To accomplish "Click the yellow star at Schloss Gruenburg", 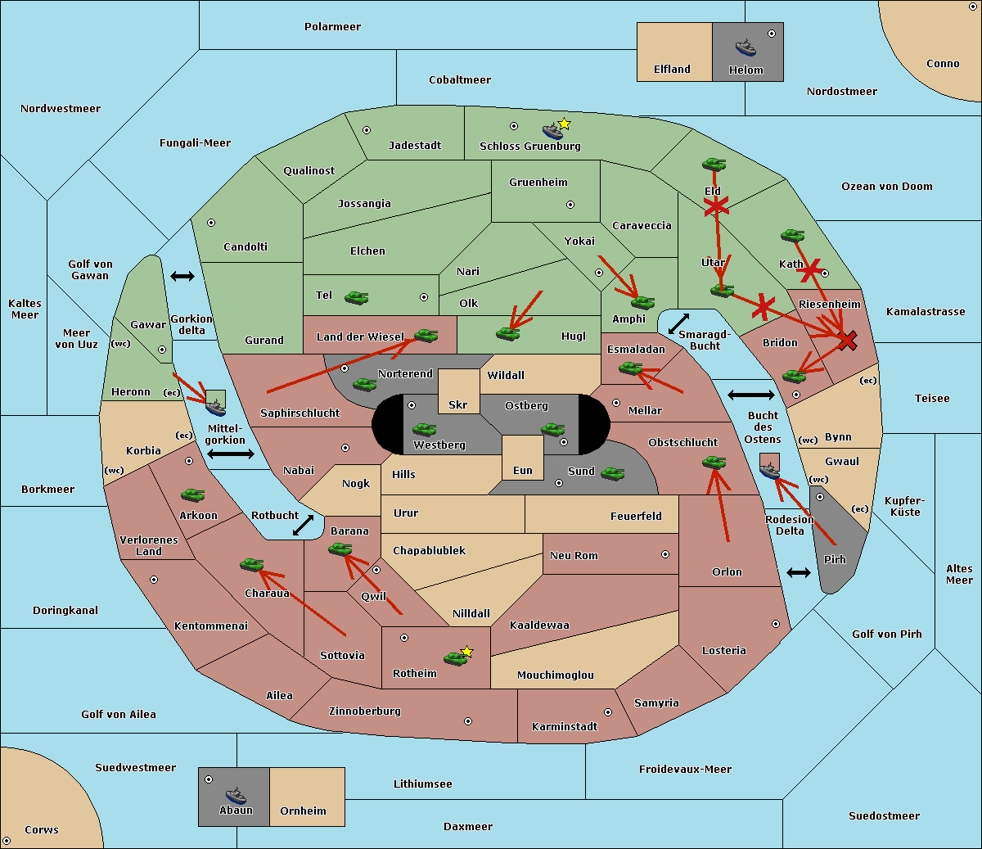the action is click(x=564, y=124).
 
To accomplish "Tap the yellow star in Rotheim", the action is click(x=467, y=651).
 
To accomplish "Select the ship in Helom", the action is click(x=746, y=47).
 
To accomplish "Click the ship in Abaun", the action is click(x=236, y=796).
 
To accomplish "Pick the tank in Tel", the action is click(x=356, y=298).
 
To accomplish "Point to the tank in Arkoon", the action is click(x=193, y=494).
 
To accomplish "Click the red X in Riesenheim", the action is click(x=848, y=341).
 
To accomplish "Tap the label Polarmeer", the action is click(x=332, y=27).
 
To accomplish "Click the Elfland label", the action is click(x=672, y=70).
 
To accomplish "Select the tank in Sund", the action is click(x=612, y=473).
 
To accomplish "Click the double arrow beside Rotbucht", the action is click(x=304, y=525).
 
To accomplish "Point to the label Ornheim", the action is click(x=303, y=811).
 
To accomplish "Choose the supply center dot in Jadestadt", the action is click(x=367, y=130).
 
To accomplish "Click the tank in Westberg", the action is click(x=424, y=429).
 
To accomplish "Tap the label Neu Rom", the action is click(x=574, y=555).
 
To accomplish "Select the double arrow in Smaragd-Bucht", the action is click(x=679, y=323).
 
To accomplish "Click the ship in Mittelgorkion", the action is click(x=216, y=408).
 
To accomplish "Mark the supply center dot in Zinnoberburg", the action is click(x=468, y=721).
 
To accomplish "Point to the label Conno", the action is click(x=943, y=64).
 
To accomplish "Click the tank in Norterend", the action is click(x=364, y=384).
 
